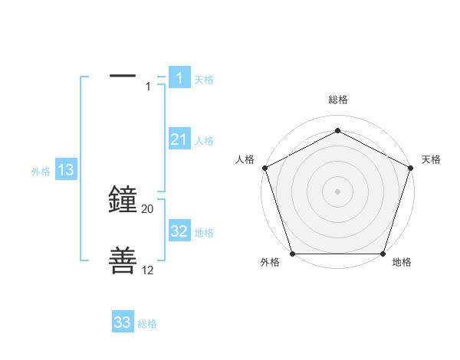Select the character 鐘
pyautogui.click(x=123, y=200)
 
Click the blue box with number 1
pyautogui.click(x=179, y=77)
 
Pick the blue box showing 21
pyautogui.click(x=179, y=139)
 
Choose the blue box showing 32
pyautogui.click(x=179, y=231)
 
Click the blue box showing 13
pyautogui.click(x=65, y=170)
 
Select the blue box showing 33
pyautogui.click(x=123, y=322)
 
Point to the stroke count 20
pyautogui.click(x=148, y=209)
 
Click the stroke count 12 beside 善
pyautogui.click(x=148, y=271)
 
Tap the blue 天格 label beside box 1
pyautogui.click(x=204, y=79)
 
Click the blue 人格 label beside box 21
pyautogui.click(x=204, y=141)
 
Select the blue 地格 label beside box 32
pyautogui.click(x=204, y=233)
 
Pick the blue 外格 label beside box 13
pyautogui.click(x=41, y=172)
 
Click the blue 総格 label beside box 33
pyautogui.click(x=147, y=324)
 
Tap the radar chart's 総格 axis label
pyautogui.click(x=338, y=100)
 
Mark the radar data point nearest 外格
pyautogui.click(x=292, y=254)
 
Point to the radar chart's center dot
pyautogui.click(x=338, y=191)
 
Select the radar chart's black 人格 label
pyautogui.click(x=245, y=159)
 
